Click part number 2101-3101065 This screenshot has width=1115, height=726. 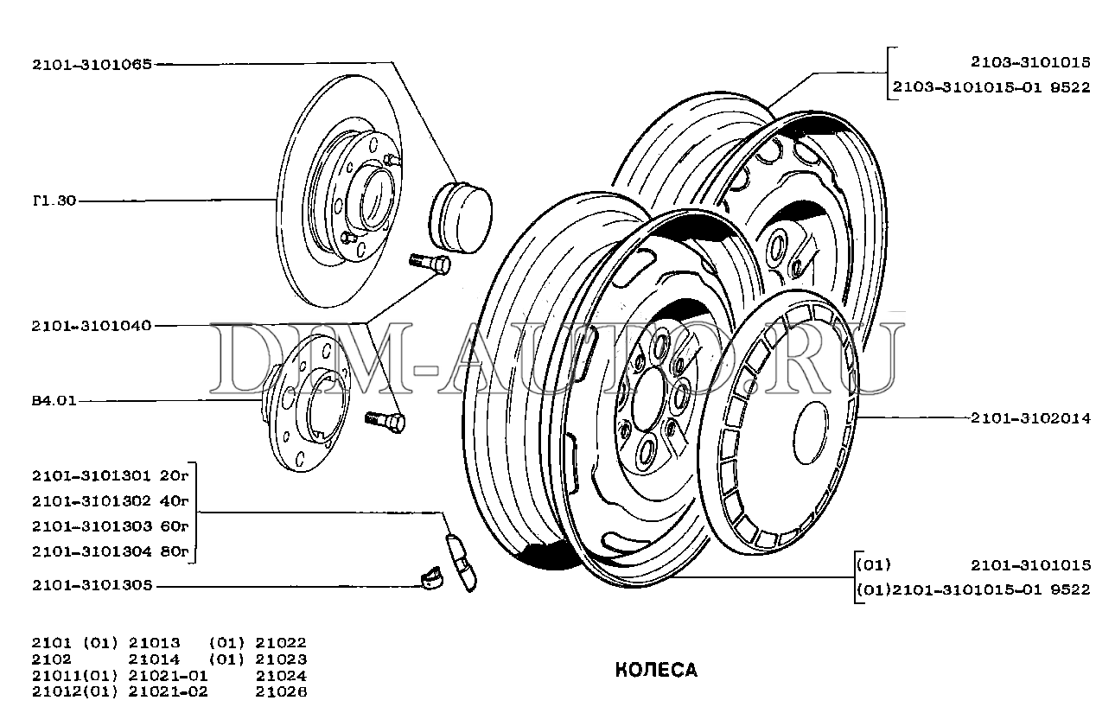(92, 63)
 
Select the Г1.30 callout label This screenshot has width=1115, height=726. (54, 201)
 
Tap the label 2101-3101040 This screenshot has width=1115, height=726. (92, 326)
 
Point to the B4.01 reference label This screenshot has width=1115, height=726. (54, 401)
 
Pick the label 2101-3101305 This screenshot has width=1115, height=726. (92, 585)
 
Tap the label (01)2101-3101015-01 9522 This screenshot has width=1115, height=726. (972, 589)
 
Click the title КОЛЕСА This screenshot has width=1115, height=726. (656, 670)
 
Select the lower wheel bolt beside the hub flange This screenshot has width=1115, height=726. (385, 421)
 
